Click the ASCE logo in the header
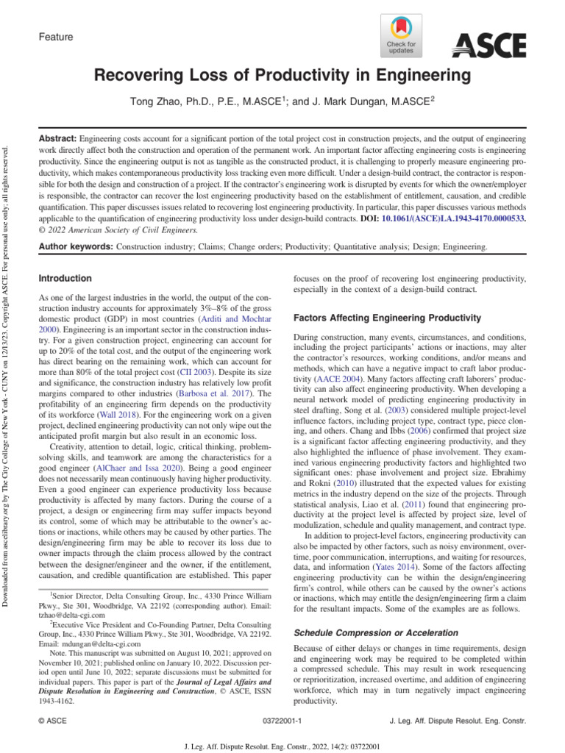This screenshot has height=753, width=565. point(488,46)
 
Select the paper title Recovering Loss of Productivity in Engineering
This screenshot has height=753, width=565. point(282,75)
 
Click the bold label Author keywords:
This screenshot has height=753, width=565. point(75,247)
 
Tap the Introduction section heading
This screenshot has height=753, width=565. point(65,279)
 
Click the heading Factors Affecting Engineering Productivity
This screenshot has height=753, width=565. point(387,318)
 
